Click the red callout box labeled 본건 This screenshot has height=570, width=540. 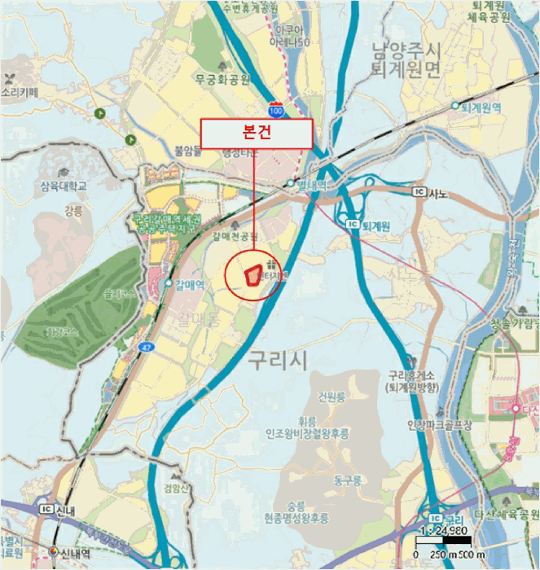click(x=257, y=134)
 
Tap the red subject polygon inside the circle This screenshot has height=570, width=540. click(x=256, y=274)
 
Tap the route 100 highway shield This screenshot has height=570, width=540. click(x=277, y=107)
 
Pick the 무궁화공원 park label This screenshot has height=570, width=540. click(x=222, y=80)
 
